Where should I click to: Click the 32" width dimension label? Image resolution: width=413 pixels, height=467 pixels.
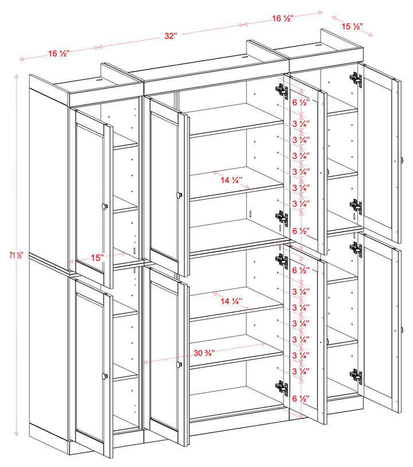pyautogui.click(x=170, y=36)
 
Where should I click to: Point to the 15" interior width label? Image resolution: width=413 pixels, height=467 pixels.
pyautogui.click(x=97, y=258)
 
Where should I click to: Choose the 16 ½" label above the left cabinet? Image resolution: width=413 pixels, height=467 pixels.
pyautogui.click(x=59, y=53)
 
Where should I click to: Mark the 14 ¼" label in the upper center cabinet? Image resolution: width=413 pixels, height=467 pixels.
pyautogui.click(x=232, y=180)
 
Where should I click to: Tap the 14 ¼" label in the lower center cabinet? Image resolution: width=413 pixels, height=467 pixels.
pyautogui.click(x=231, y=300)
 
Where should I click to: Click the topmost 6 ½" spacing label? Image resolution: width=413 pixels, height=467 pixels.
pyautogui.click(x=301, y=103)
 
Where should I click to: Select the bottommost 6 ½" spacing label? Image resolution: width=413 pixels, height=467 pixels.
pyautogui.click(x=301, y=398)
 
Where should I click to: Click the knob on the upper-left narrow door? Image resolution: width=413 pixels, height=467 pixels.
pyautogui.click(x=104, y=206)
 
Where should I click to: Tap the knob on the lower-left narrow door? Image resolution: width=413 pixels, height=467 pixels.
pyautogui.click(x=104, y=376)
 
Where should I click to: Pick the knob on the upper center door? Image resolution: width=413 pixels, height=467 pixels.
pyautogui.click(x=179, y=195)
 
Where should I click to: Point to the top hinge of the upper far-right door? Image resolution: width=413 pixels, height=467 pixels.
pyautogui.click(x=356, y=80)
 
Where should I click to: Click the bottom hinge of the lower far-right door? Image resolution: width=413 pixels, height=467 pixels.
pyautogui.click(x=356, y=376)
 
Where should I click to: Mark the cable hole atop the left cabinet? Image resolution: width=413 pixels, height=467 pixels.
pyautogui.click(x=99, y=81)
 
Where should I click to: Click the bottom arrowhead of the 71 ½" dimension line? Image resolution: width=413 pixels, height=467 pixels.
pyautogui.click(x=17, y=433)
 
